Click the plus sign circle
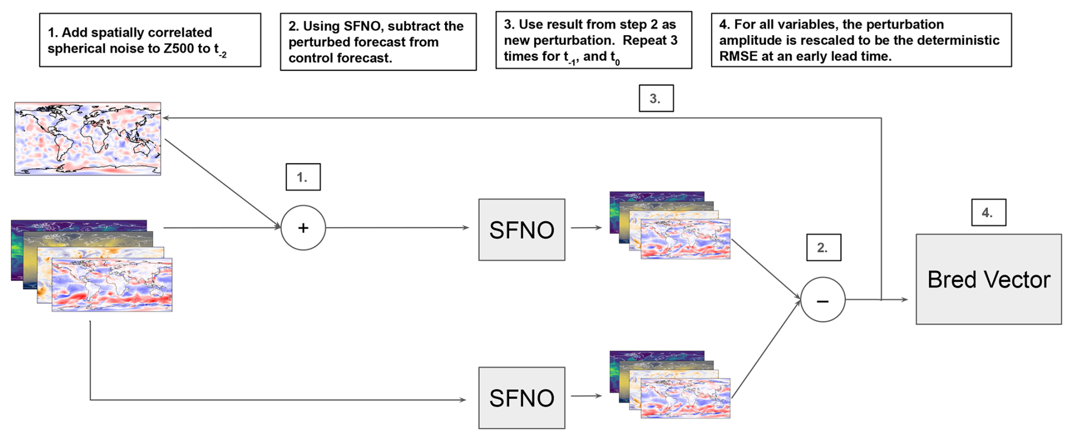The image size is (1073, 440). [303, 228]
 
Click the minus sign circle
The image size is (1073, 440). [823, 300]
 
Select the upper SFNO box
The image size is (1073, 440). [522, 230]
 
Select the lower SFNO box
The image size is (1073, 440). [522, 398]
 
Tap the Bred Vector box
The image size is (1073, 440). [988, 280]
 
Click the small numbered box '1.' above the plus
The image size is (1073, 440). [303, 177]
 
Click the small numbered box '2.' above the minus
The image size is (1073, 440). [823, 248]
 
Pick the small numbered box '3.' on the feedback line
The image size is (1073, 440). [656, 99]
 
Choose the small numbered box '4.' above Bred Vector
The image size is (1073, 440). [988, 213]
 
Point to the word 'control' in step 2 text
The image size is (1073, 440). [310, 58]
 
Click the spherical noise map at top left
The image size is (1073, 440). [88, 139]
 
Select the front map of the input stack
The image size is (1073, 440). [112, 285]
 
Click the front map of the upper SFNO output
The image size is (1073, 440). [685, 239]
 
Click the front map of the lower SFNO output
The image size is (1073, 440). [685, 399]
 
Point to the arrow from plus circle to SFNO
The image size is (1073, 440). [397, 228]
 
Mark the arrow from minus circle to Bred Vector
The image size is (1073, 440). [876, 299]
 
